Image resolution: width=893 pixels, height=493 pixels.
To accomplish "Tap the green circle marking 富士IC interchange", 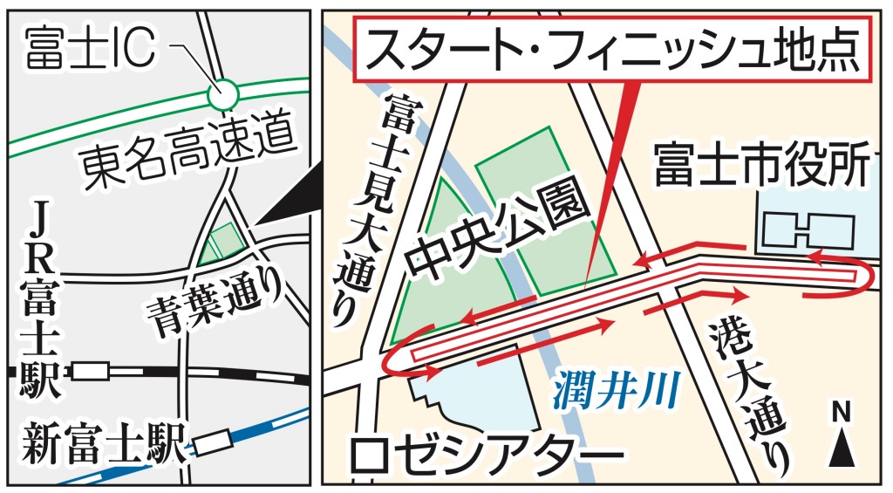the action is pyautogui.click(x=224, y=91).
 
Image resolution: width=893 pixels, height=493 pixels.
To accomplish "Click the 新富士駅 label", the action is pyautogui.click(x=103, y=444).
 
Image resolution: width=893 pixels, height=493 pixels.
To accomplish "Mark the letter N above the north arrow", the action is pyautogui.click(x=842, y=411).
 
